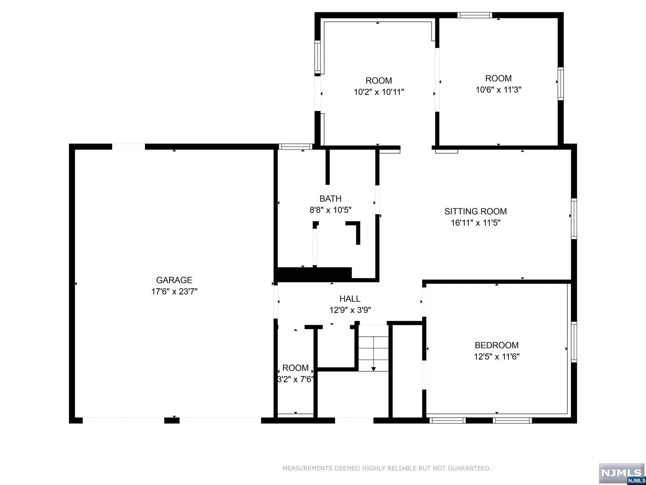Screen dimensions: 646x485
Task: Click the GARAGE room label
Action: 174,280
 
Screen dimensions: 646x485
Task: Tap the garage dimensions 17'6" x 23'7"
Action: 174,291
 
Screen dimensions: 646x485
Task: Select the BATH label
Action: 330,199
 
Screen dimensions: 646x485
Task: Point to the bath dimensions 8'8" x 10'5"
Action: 330,210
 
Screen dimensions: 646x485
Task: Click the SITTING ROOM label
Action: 476,211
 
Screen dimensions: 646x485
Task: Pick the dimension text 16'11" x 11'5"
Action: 476,223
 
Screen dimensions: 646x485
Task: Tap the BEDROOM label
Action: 496,345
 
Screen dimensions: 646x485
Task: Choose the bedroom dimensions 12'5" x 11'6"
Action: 496,356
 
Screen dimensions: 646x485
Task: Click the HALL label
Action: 350,299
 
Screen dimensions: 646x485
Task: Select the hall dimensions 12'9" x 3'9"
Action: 350,310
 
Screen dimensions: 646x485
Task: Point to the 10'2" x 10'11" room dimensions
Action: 379,92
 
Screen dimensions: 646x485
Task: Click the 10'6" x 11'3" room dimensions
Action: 498,90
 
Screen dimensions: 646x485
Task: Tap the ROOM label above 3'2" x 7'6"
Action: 295,368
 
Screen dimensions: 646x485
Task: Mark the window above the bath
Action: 295,147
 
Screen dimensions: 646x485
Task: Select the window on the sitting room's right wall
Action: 574,219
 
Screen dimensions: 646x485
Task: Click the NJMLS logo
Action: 622,473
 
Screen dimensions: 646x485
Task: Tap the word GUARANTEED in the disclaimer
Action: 470,468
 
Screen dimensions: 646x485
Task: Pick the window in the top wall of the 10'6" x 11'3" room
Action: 475,15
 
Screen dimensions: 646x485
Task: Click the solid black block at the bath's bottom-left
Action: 314,274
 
